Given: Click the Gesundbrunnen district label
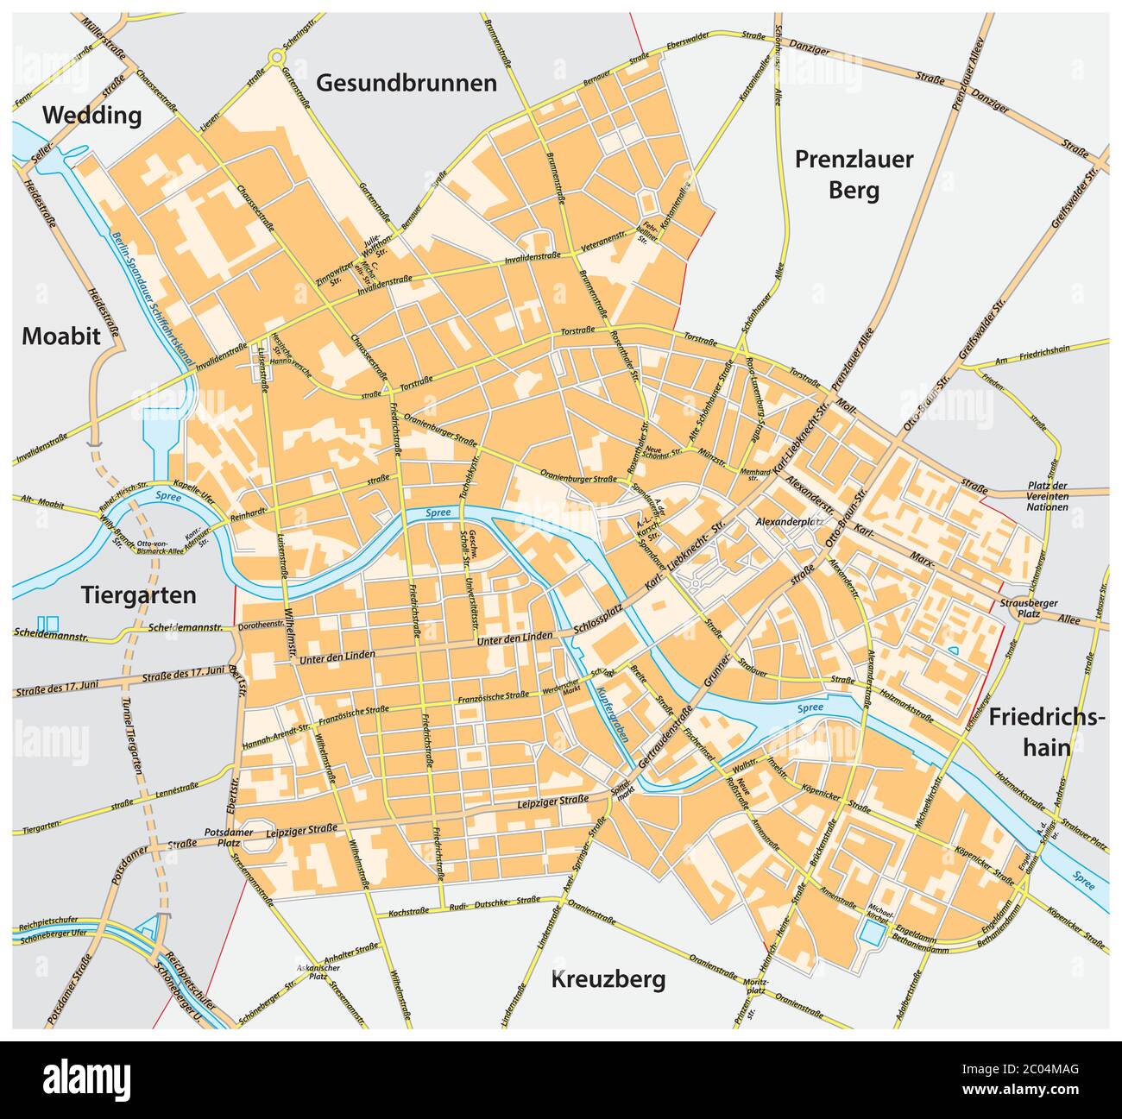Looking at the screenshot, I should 407,83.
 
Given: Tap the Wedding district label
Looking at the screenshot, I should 92,116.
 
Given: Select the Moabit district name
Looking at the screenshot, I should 61,336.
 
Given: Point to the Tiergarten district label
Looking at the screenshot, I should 139,594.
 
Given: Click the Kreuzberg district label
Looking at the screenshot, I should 608,979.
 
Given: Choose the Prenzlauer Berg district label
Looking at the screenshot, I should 854,173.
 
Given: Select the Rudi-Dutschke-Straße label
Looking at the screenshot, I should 491,903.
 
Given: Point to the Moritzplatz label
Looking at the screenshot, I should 756,987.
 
